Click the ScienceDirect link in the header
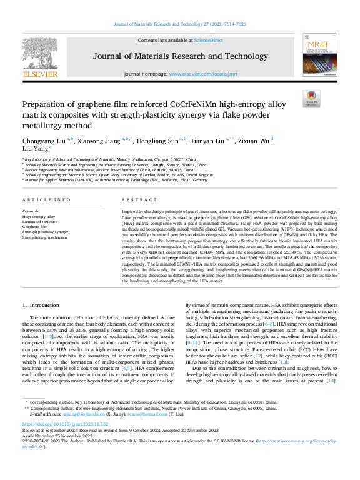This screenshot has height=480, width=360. [x=208, y=39]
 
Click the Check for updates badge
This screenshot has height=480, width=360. [x=311, y=97]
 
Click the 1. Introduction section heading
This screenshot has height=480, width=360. [x=41, y=304]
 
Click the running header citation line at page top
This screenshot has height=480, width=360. [x=179, y=24]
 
